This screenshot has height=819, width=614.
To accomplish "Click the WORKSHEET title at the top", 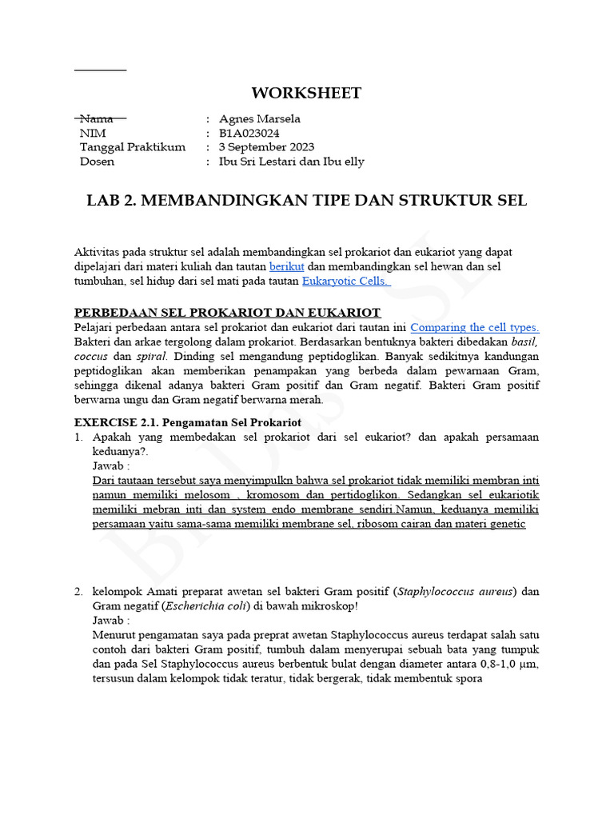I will click(306, 93).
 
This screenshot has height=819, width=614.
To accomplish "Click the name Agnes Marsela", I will click(259, 119).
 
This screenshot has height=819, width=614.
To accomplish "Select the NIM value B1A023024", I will click(249, 133).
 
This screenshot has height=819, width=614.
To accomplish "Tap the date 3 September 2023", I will click(266, 147).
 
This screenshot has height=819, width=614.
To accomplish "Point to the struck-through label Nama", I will click(97, 119).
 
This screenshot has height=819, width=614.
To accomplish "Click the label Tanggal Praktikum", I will click(133, 147).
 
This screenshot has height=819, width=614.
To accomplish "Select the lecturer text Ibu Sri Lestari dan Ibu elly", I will click(291, 162).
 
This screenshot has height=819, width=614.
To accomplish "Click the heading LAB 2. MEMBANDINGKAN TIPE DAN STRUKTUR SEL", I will click(306, 201).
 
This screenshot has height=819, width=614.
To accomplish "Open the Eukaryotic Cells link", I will click(345, 281).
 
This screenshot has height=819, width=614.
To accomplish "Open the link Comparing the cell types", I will click(474, 327).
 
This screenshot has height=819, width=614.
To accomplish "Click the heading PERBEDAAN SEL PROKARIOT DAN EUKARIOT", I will click(228, 312).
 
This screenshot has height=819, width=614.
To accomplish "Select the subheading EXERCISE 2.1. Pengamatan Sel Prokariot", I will click(188, 421).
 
